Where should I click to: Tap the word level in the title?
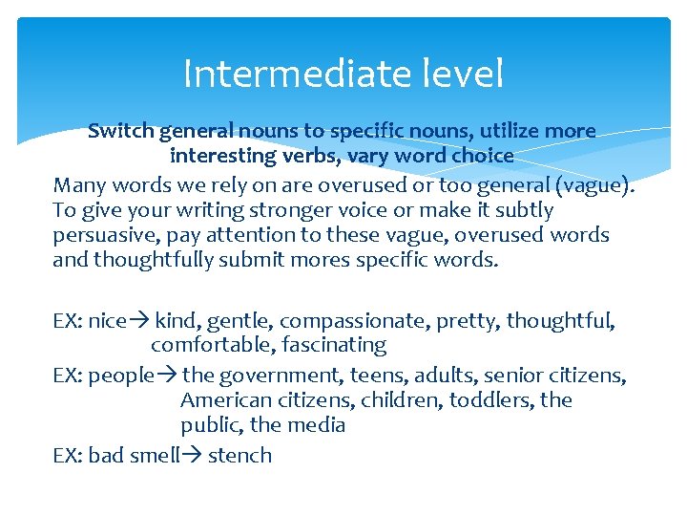(x=461, y=74)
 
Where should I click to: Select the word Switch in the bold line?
(x=121, y=131)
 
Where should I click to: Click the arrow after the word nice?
(x=139, y=321)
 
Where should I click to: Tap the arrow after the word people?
(x=167, y=376)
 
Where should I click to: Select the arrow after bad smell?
(x=193, y=456)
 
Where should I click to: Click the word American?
(x=222, y=399)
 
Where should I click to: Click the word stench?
(x=239, y=456)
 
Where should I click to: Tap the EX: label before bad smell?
(x=68, y=456)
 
